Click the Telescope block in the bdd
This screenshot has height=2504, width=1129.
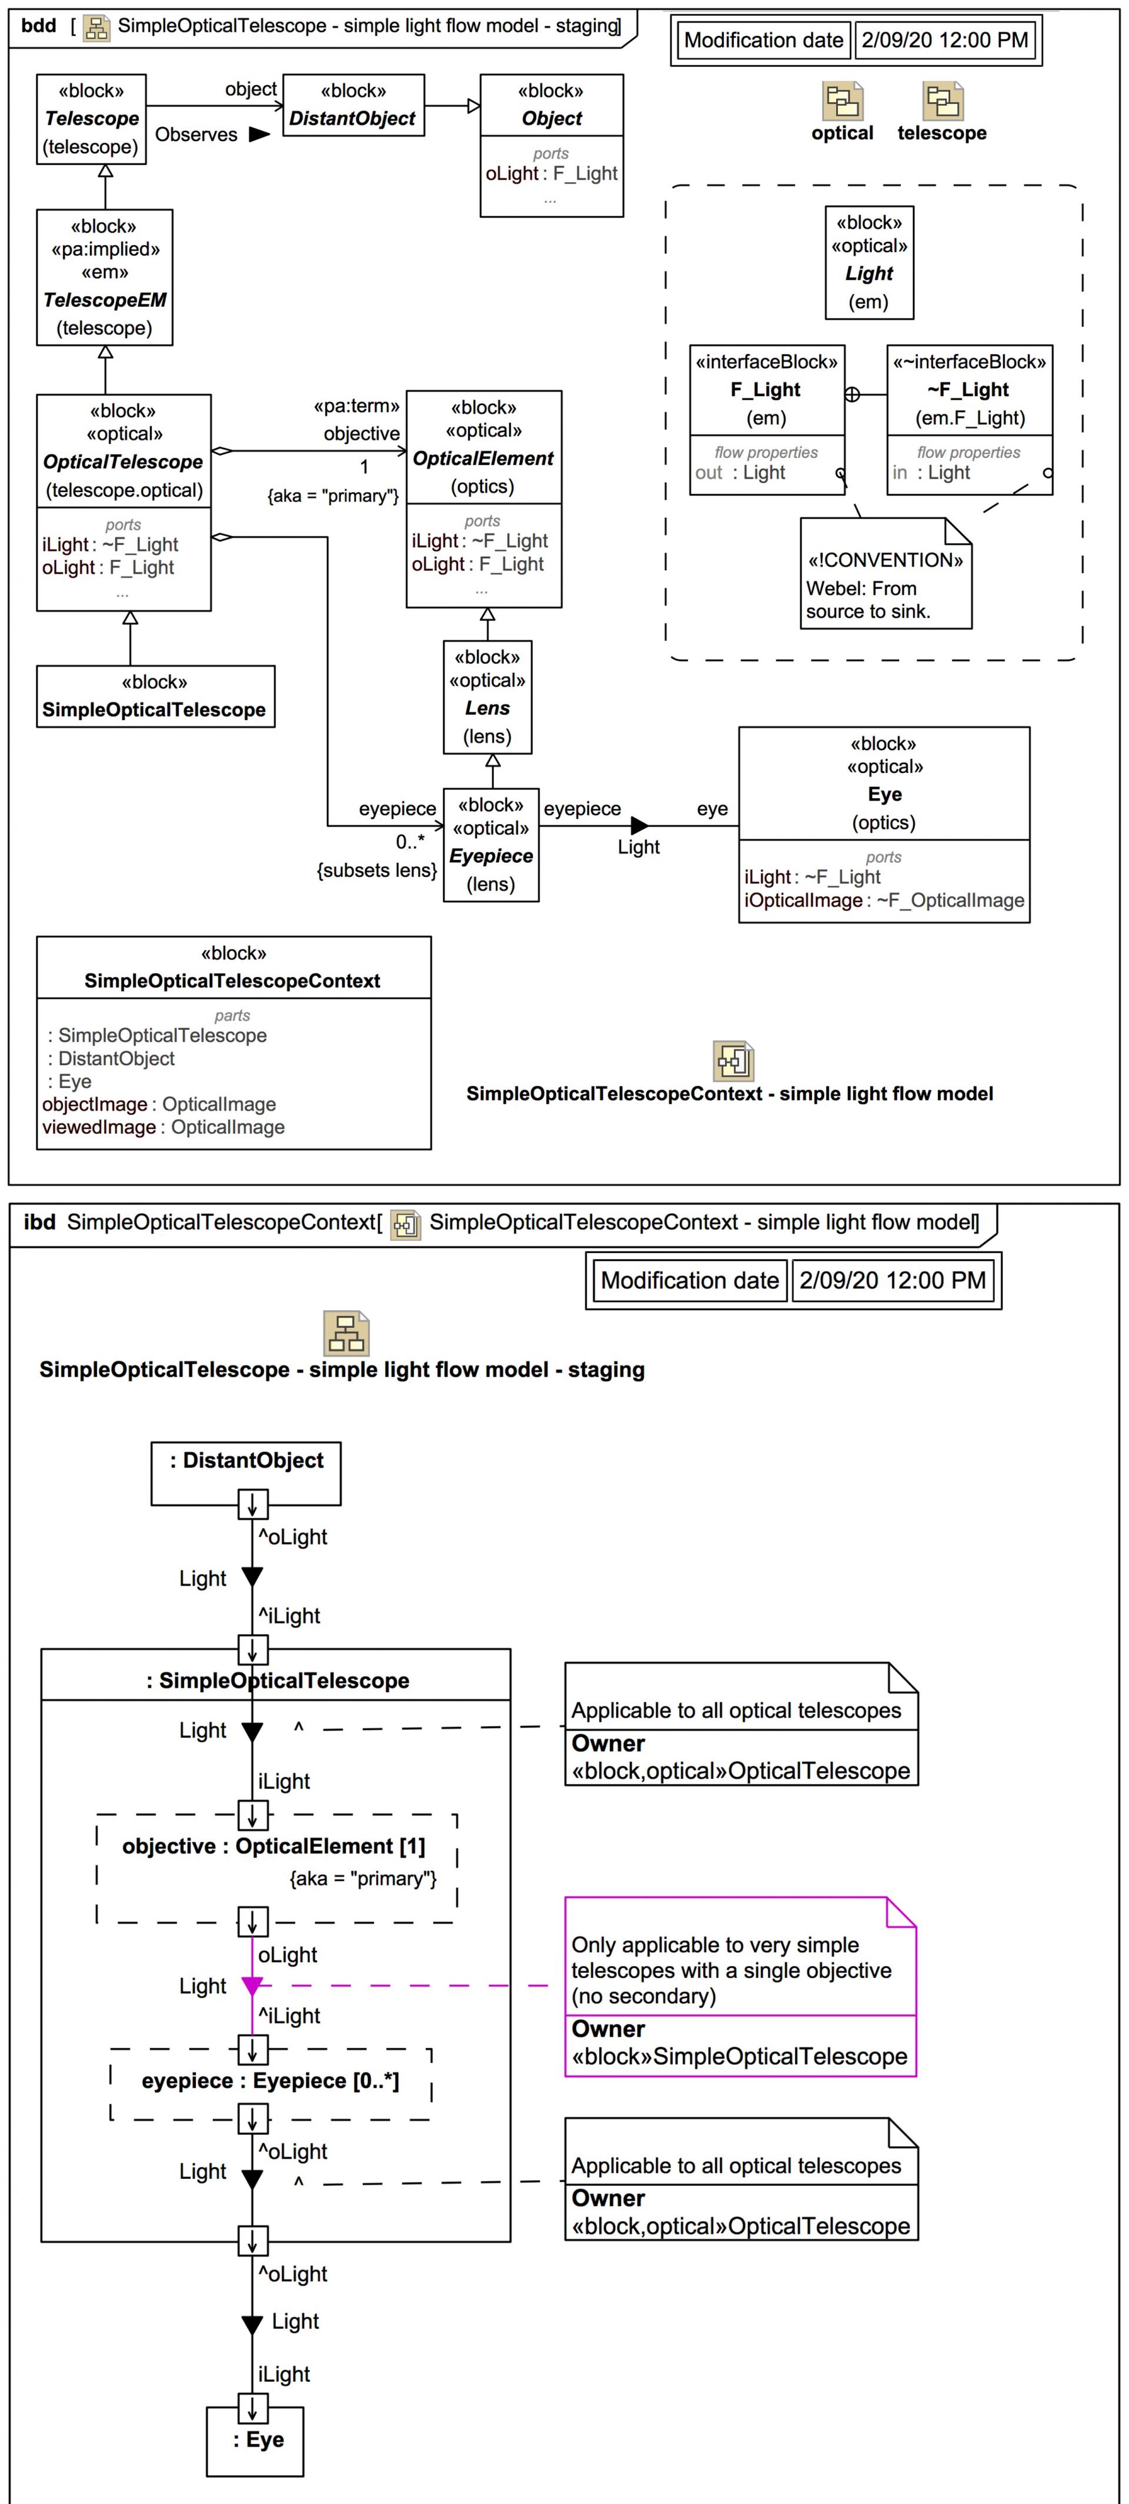91,119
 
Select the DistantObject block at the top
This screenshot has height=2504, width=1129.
353,105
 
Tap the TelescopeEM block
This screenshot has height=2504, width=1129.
105,277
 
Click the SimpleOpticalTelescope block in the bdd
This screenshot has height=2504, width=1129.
155,696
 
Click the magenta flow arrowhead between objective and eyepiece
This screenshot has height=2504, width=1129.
252,1986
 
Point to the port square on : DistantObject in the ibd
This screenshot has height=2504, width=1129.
253,1505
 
